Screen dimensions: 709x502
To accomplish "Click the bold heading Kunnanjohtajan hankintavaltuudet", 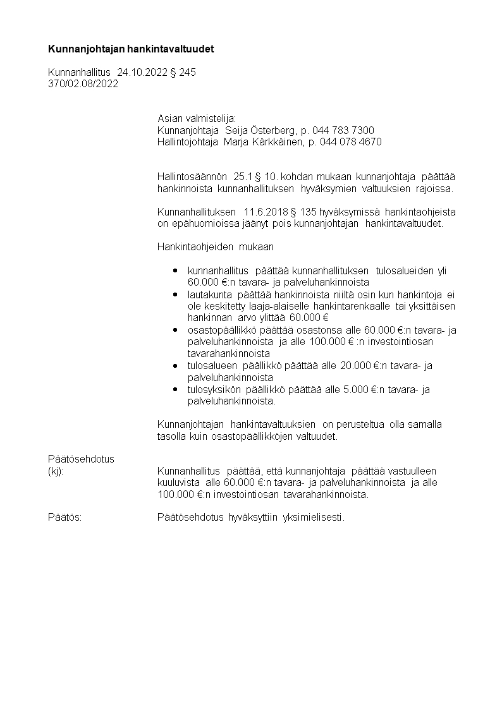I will coord(131,49).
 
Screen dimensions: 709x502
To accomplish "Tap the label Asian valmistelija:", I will coord(196,118).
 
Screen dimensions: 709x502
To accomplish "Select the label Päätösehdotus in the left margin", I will coord(81,459).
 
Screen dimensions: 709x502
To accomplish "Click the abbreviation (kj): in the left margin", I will coord(56,471).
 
